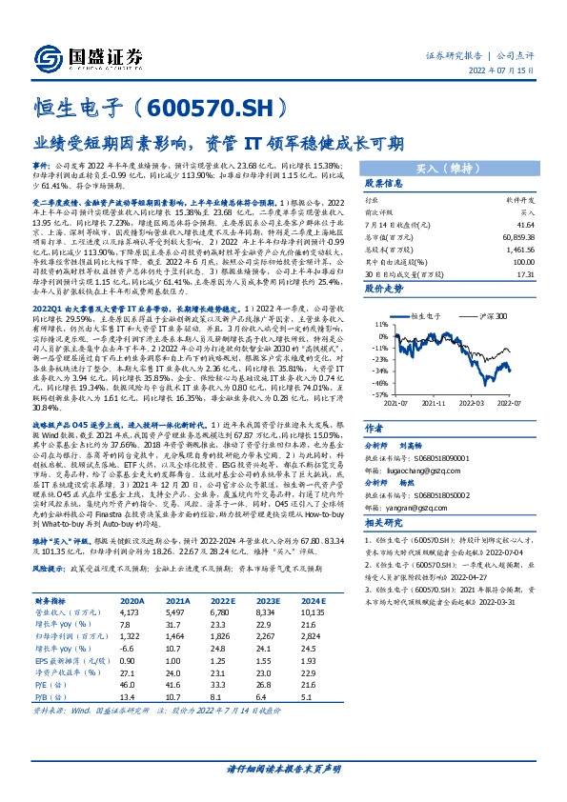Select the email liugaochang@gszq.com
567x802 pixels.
(x=425, y=469)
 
